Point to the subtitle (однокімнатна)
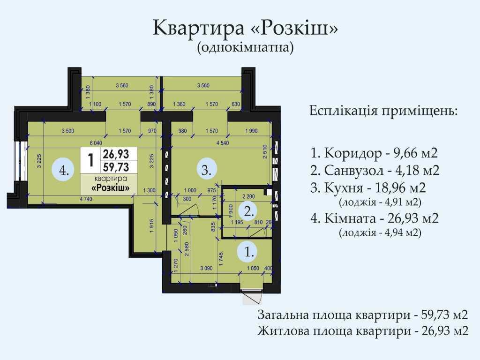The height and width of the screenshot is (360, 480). (x=246, y=47)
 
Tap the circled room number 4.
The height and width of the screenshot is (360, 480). (x=64, y=170)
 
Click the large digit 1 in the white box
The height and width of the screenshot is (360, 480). (x=90, y=160)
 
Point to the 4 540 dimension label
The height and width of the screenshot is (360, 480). (x=223, y=143)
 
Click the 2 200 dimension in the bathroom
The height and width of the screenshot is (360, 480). (x=247, y=196)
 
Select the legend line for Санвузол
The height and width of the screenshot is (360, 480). (x=375, y=170)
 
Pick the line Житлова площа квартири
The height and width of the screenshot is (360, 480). (x=363, y=331)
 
